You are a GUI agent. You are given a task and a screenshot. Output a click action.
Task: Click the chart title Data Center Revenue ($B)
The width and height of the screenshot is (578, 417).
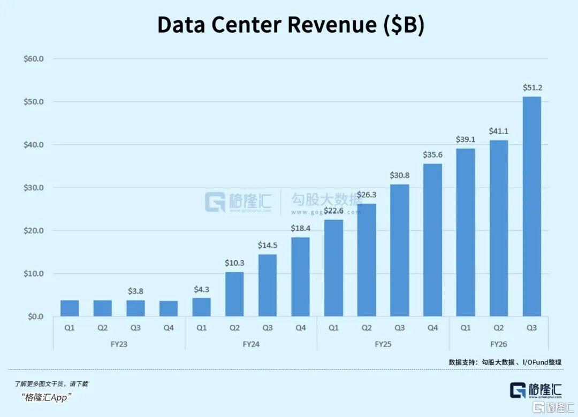291,25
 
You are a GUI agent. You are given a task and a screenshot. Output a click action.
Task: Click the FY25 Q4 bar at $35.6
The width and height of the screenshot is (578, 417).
432,240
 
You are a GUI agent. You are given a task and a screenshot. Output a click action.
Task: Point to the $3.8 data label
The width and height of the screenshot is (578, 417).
135,291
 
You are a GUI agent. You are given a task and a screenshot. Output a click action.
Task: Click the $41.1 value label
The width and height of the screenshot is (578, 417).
498,131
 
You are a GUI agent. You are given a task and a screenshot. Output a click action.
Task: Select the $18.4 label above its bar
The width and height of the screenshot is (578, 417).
300,228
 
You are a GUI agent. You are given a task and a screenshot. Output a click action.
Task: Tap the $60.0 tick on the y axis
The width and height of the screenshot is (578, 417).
33,59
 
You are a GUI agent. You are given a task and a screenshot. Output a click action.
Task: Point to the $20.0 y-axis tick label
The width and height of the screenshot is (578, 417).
33,231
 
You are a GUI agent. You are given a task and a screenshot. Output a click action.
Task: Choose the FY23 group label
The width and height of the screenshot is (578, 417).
119,344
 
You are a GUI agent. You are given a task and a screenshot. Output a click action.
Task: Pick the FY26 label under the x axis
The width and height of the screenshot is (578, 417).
498,344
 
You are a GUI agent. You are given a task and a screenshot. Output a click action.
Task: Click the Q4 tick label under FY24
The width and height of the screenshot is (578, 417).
300,328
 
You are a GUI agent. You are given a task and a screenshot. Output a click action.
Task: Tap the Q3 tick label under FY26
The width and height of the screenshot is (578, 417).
531,328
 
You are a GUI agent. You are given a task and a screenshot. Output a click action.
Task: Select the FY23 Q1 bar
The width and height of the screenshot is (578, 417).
70,308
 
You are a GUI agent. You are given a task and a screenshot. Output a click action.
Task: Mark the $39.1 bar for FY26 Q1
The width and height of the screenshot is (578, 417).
465,233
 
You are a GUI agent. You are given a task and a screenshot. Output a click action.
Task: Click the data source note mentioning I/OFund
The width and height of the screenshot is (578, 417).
505,362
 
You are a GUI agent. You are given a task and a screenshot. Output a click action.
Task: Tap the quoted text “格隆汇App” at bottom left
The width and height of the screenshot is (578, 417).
47,397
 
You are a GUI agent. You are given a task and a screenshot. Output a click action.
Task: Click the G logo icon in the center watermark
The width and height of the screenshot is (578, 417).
215,202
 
